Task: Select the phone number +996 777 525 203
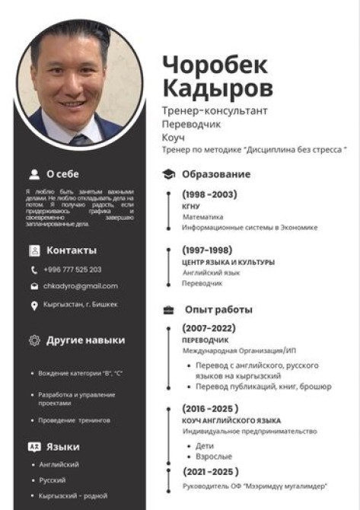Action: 72,269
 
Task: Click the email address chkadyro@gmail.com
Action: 80,286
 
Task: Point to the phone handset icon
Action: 34,269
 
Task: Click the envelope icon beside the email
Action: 34,287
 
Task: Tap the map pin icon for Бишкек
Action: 34,305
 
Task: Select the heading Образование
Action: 215,174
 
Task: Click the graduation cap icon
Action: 169,174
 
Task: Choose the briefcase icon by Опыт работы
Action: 169,310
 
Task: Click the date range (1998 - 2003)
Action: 209,194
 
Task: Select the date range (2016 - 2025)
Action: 210,408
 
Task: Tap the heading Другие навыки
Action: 85,340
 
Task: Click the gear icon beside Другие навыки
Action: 33,340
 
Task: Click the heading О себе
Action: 62,174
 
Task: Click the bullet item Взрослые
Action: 214,457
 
